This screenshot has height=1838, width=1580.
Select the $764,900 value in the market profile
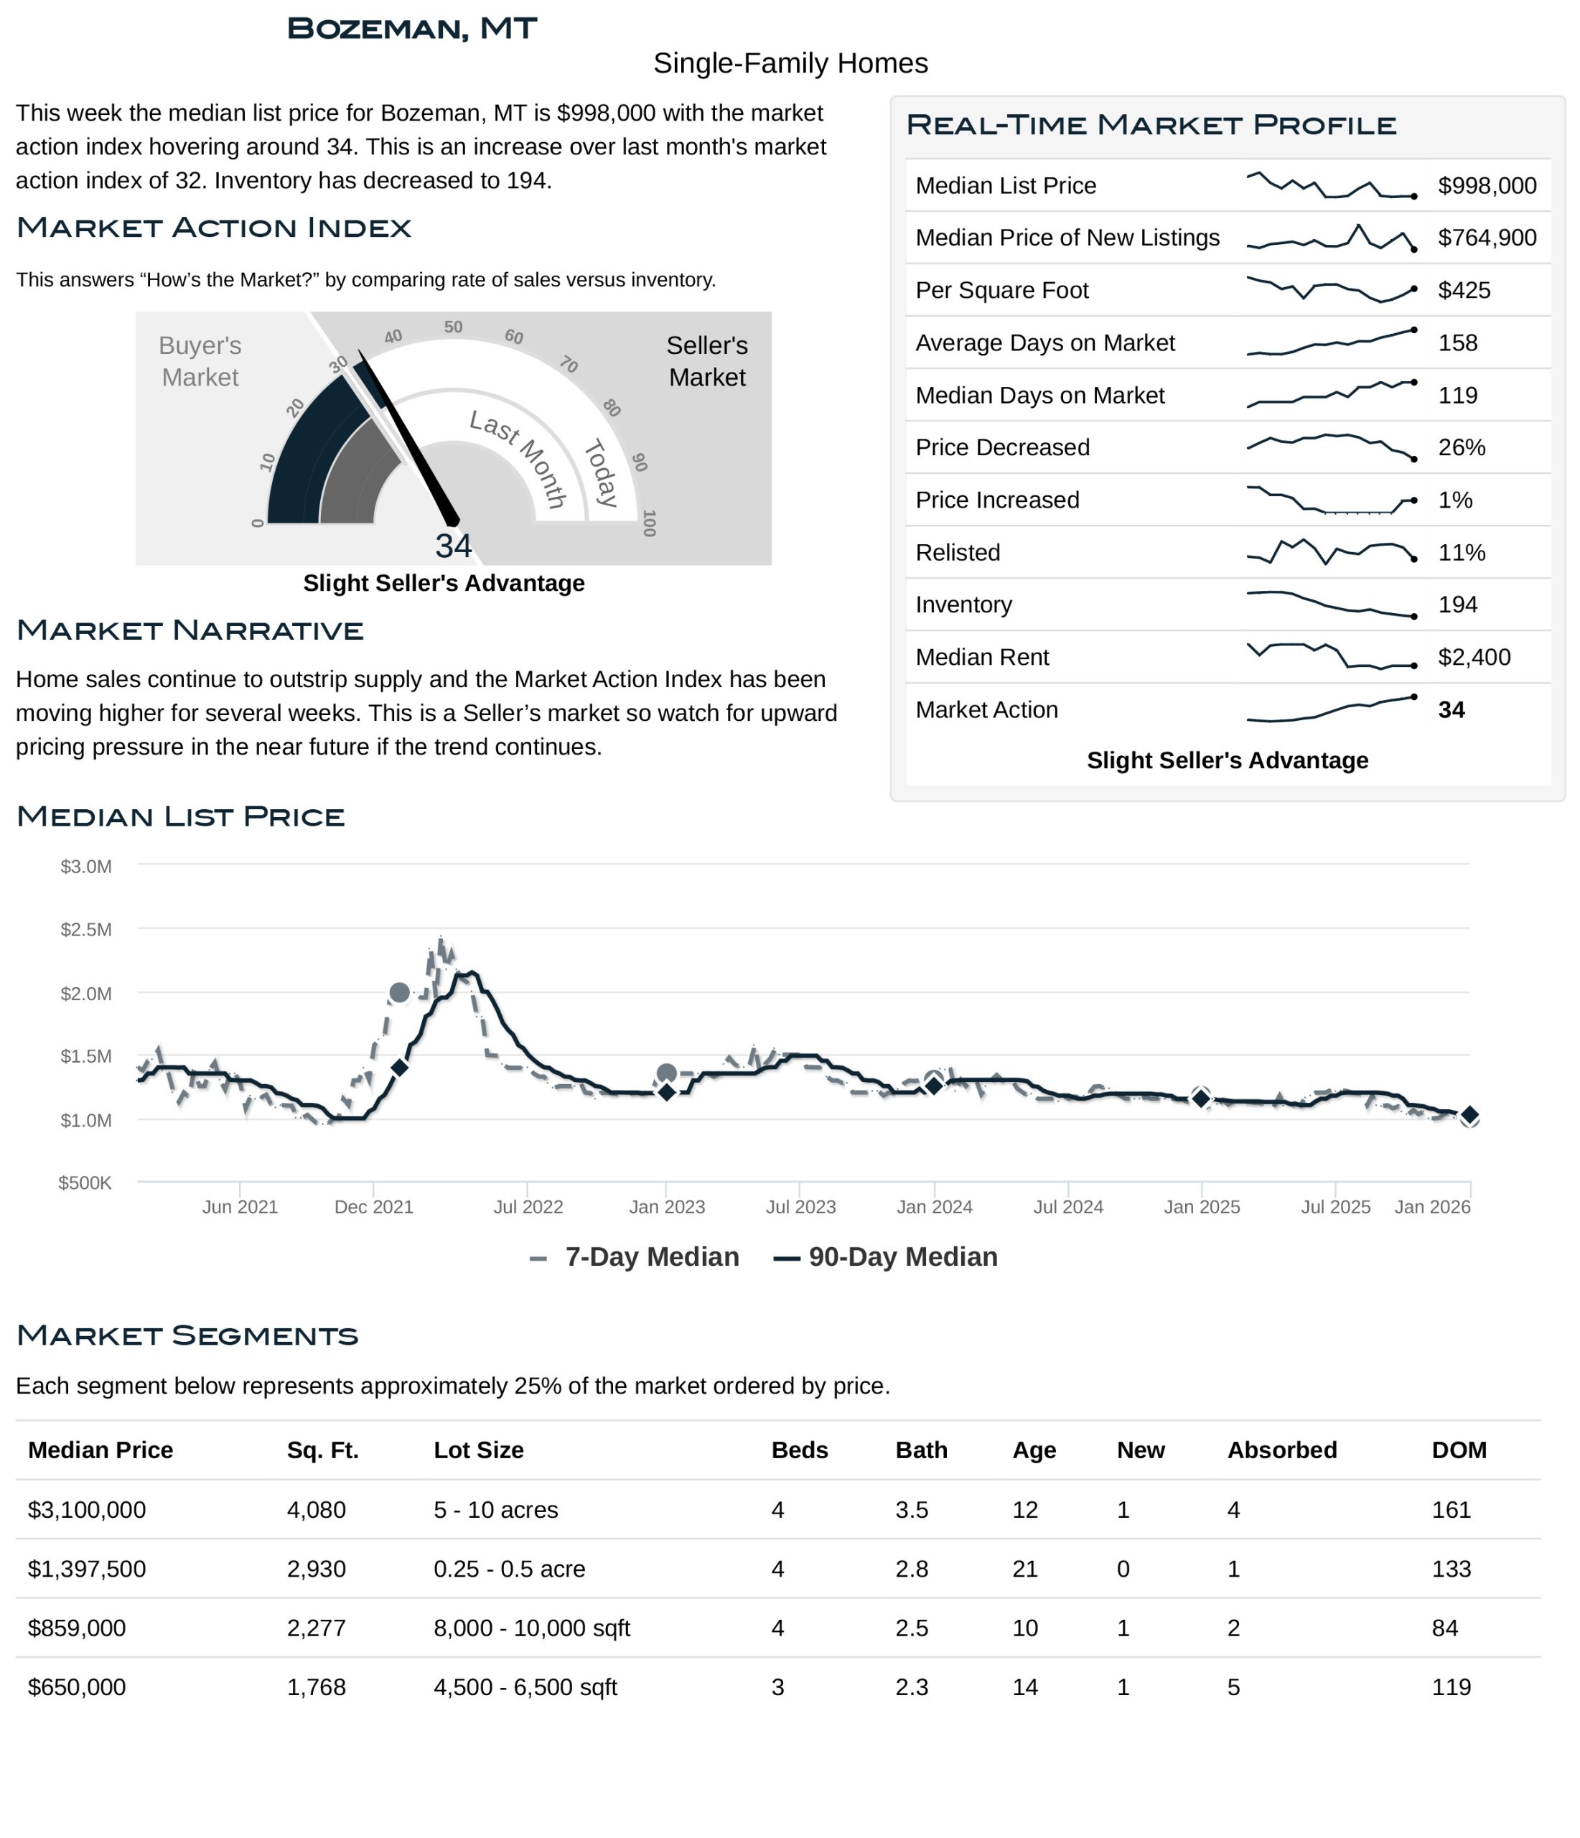click(1486, 238)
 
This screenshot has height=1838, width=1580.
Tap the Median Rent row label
click(981, 658)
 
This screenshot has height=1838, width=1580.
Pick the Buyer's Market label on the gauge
click(200, 361)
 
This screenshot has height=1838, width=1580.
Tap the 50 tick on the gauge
click(454, 327)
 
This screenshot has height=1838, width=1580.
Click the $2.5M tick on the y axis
click(86, 930)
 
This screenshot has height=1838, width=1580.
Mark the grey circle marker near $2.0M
click(399, 993)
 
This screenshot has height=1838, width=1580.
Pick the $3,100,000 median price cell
click(87, 1510)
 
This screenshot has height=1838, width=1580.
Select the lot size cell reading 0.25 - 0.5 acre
click(509, 1569)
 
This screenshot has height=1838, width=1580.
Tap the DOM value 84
click(1444, 1628)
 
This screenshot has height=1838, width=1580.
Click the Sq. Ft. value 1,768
click(316, 1687)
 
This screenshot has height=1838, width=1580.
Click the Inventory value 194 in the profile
click(1457, 605)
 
